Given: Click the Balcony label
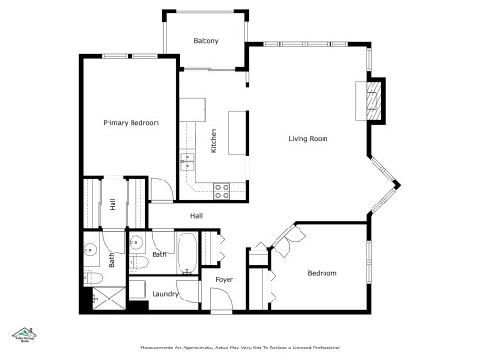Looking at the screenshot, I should tap(205, 40).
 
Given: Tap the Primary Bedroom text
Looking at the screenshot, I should tap(131, 123).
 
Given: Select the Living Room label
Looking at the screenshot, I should tap(308, 139).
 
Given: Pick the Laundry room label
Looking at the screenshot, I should tap(165, 293).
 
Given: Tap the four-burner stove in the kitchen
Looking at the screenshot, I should tap(221, 190).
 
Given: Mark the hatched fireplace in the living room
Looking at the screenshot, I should tap(375, 99).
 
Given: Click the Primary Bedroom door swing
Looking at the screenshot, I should tap(163, 190).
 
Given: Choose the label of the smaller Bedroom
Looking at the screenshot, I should tap(322, 273).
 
